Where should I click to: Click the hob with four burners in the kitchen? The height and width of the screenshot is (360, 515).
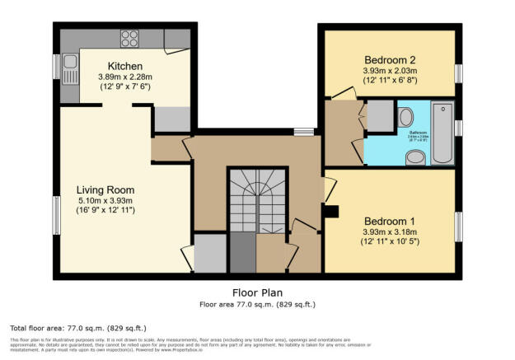coord(131,37)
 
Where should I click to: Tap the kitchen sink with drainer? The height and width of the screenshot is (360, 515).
coord(68,63)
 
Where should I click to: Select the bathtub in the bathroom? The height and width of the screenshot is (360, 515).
coord(442,133)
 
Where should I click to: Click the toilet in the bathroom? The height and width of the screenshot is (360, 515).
coord(409,116)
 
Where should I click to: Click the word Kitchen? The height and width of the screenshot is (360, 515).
coord(126,66)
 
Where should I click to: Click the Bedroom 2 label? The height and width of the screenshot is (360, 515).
coord(391,59)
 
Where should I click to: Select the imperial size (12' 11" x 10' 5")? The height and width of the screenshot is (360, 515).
coord(391,242)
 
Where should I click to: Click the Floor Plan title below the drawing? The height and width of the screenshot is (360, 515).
coord(257,292)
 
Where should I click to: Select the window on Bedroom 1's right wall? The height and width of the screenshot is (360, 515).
coord(458,227)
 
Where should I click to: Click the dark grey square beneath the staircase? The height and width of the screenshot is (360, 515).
coord(241,254)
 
